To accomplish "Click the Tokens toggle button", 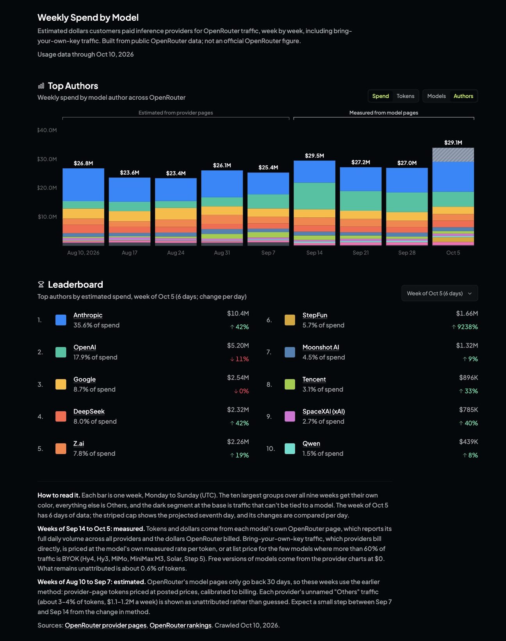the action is (x=405, y=96).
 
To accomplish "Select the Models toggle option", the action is (x=437, y=96).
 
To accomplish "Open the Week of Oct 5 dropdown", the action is (x=440, y=293).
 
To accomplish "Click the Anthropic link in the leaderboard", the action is (x=88, y=315).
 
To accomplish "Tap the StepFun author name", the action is (x=315, y=315).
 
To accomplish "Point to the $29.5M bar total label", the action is (x=314, y=156).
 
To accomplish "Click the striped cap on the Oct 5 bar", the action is (x=453, y=155).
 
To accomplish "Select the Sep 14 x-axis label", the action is (x=314, y=252).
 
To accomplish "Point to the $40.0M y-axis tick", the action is (x=47, y=130).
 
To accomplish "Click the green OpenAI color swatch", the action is (x=61, y=352).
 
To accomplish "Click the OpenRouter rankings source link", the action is (x=180, y=625).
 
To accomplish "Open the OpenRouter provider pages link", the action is (x=106, y=625).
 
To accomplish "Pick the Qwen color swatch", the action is (x=290, y=449).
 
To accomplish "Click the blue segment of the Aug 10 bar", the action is (x=83, y=184).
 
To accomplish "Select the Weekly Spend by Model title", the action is (x=88, y=18).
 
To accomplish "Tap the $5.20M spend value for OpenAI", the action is (x=238, y=346).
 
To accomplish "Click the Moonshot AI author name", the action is (x=321, y=347).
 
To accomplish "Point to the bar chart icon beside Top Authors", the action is (x=41, y=86).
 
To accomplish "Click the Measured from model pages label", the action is (x=384, y=113).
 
